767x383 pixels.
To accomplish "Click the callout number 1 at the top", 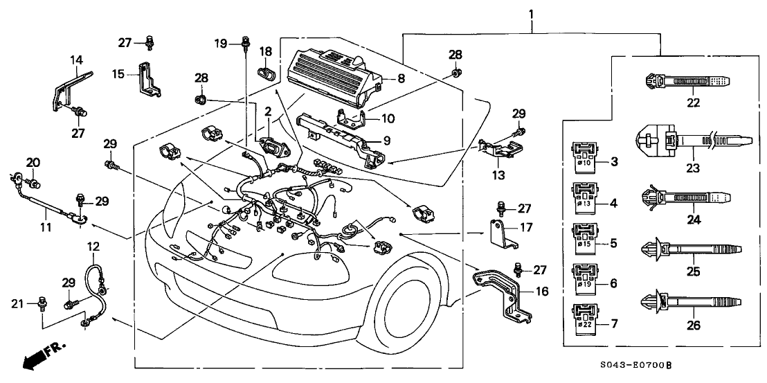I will point(532,13).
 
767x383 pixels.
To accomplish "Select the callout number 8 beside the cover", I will point(401,80).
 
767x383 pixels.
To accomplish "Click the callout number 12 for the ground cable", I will point(93,247).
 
